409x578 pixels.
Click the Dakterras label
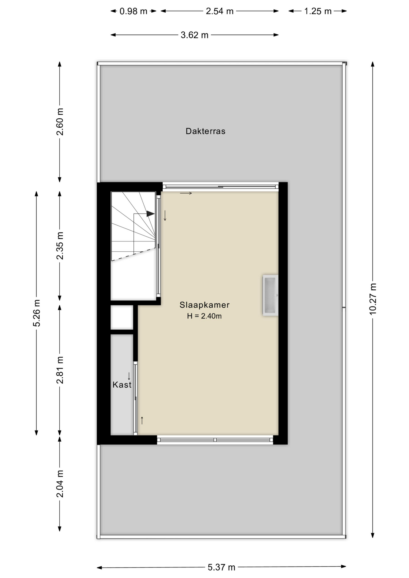click(x=205, y=131)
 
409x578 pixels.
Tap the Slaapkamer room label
click(x=204, y=305)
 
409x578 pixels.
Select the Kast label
click(x=122, y=385)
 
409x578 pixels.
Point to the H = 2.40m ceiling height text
click(x=204, y=316)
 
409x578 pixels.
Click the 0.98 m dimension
click(x=133, y=11)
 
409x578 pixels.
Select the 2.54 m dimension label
click(x=220, y=11)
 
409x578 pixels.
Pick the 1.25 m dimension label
click(x=318, y=11)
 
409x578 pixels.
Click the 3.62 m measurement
click(x=195, y=35)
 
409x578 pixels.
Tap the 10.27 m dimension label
click(x=373, y=299)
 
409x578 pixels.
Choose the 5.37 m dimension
click(x=221, y=567)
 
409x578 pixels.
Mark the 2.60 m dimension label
click(x=60, y=122)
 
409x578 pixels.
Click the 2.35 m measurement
click(x=60, y=246)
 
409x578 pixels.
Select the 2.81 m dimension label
click(x=60, y=370)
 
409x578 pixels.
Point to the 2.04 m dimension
click(x=60, y=484)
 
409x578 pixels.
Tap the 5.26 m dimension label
click(x=37, y=313)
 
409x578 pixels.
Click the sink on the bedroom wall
click(x=270, y=295)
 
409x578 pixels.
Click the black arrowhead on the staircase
click(x=151, y=214)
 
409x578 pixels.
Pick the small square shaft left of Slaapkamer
click(x=122, y=317)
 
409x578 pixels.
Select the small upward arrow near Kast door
click(x=142, y=420)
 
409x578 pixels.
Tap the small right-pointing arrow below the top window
click(x=186, y=193)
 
